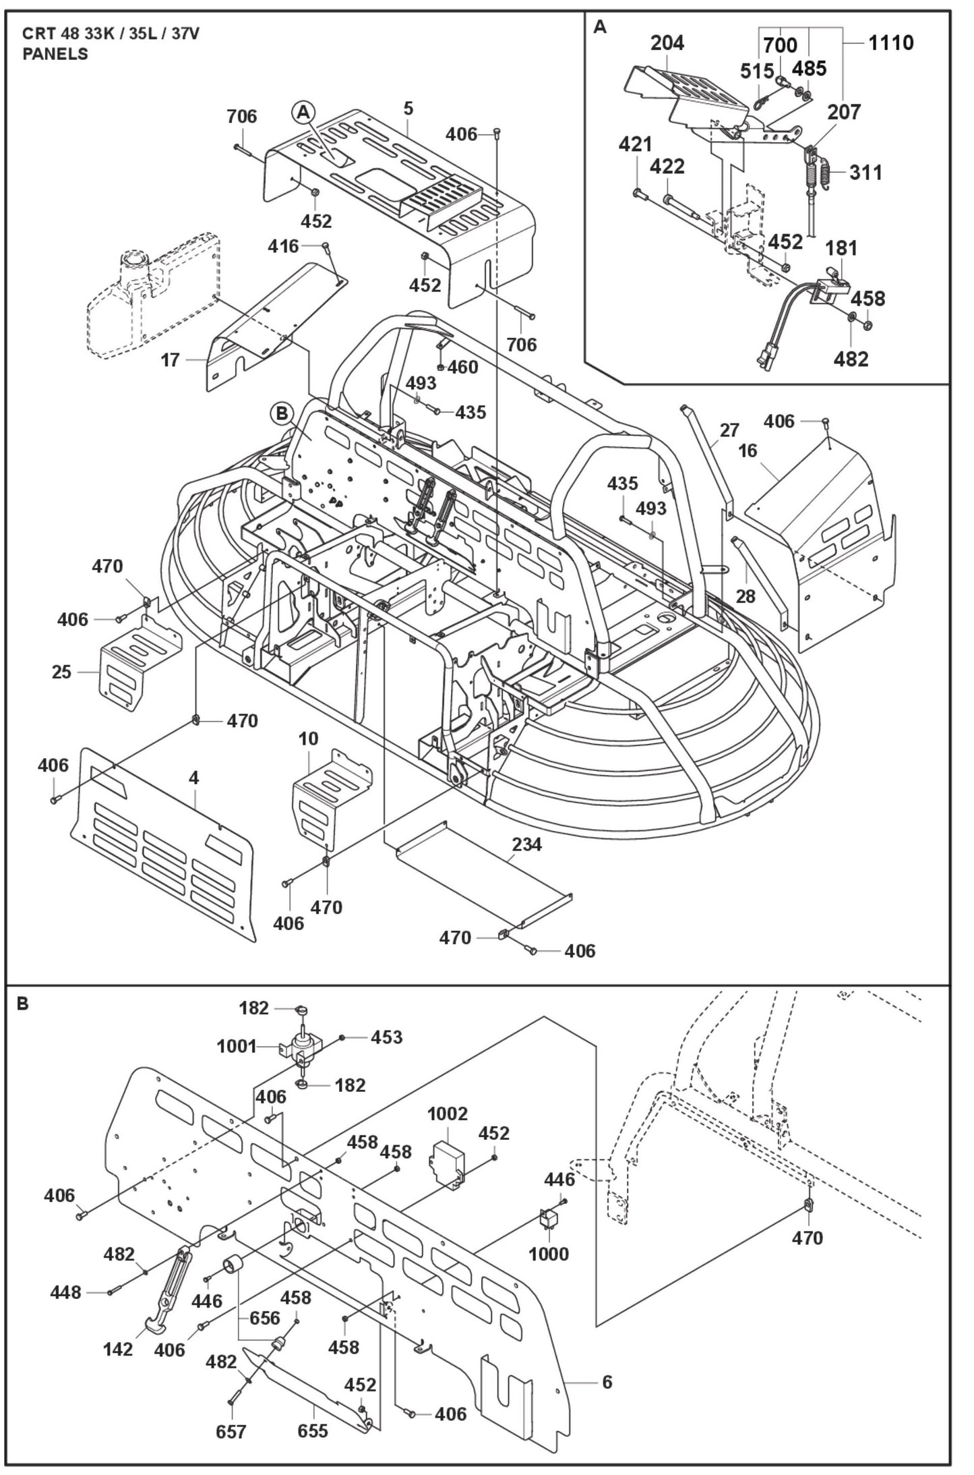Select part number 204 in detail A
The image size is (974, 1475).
point(667,42)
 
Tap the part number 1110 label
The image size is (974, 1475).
point(890,42)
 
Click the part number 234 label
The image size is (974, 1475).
point(526,844)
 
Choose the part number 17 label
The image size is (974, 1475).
point(171,359)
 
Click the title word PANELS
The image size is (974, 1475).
point(55,55)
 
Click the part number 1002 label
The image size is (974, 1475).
point(448,1114)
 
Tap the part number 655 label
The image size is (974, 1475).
point(312,1430)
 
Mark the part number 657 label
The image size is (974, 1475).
point(231,1430)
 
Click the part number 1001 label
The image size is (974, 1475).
point(237,1046)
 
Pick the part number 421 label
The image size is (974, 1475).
point(636,144)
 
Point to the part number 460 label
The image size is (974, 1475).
point(463,367)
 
